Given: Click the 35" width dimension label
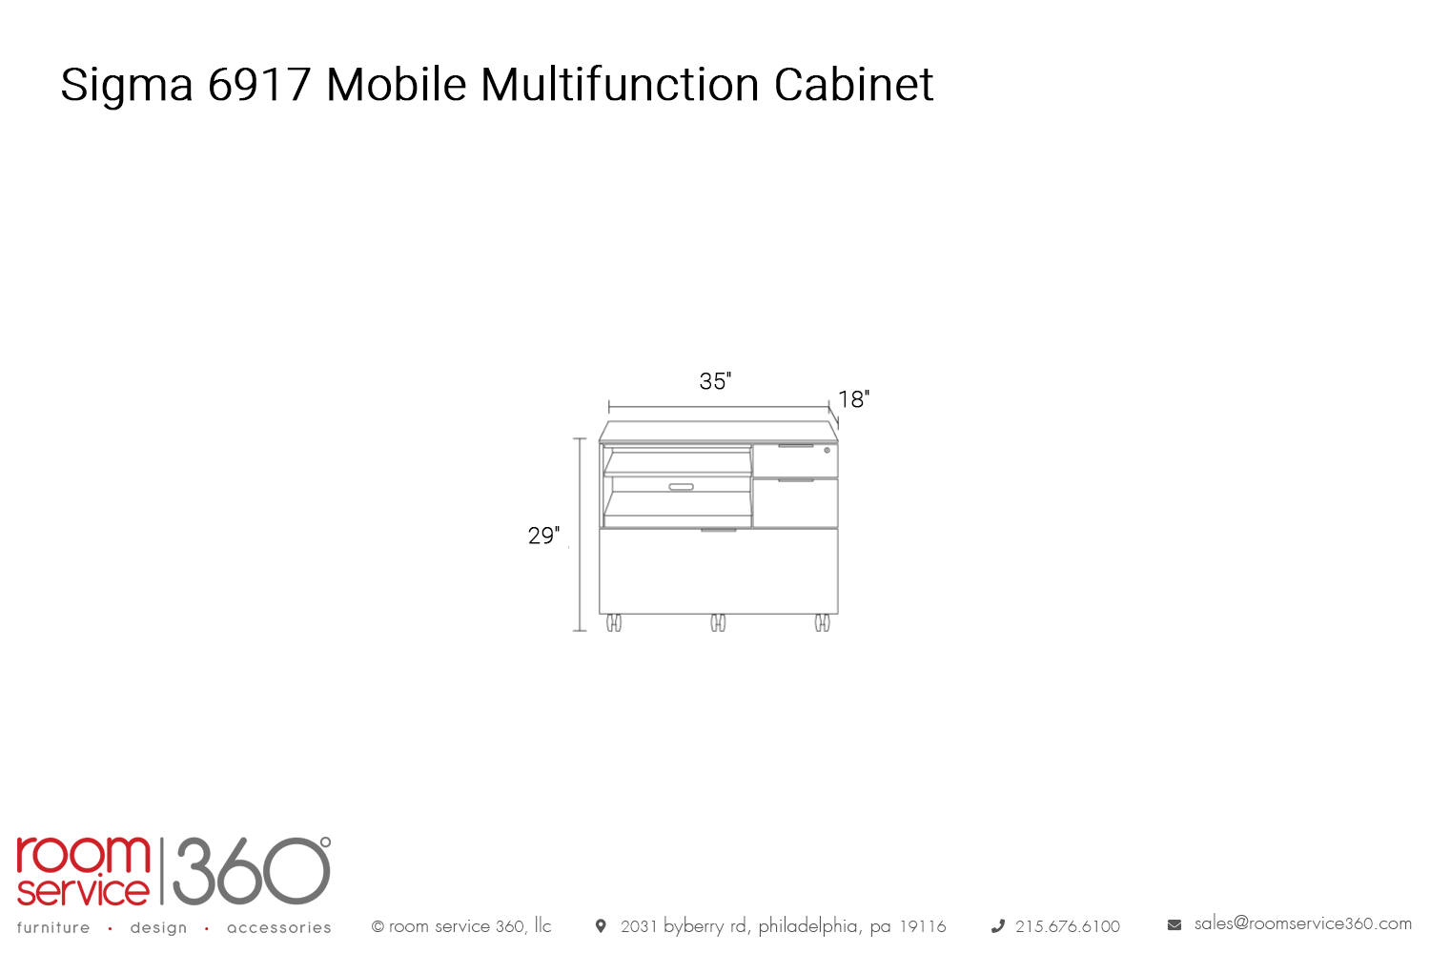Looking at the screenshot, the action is tap(715, 381).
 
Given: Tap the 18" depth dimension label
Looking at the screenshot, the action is tap(853, 399).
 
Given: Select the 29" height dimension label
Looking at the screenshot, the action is tap(544, 535).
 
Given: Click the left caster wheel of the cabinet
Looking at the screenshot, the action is tap(614, 623).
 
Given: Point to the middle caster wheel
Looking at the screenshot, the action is tap(718, 623).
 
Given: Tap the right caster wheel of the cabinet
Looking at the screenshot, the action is tap(822, 623).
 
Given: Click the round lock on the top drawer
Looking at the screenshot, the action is tap(827, 451).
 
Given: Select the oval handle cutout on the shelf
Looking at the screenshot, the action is tap(682, 487).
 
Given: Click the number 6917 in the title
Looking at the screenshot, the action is tap(259, 84).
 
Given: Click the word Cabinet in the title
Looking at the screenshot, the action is tap(853, 84).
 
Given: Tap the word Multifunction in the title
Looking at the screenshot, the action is tap(620, 84).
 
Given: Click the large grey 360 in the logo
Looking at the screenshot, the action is tap(252, 871).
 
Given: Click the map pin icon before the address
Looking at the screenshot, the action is tap(600, 925).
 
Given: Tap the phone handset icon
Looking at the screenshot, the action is tap(998, 926).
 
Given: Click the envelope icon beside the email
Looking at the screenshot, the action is tap(1175, 925).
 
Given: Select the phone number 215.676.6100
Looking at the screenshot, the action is tap(1068, 926).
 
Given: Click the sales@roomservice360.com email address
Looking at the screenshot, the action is tap(1303, 923).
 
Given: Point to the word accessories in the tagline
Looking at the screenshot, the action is tap(279, 927).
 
